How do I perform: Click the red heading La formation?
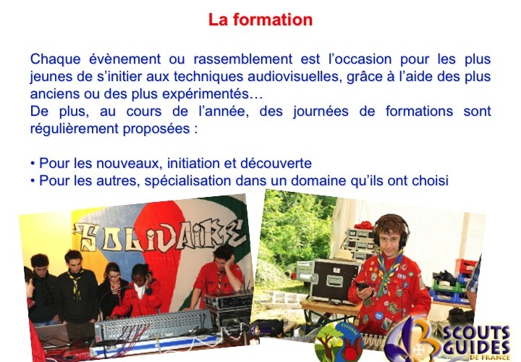[260, 20]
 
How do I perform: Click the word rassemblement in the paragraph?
[243, 59]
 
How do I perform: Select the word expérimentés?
[205, 94]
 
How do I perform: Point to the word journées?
[321, 111]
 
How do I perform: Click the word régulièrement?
[75, 129]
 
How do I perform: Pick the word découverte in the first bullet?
[276, 163]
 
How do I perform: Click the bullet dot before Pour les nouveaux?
[33, 164]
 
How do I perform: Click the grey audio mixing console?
[153, 325]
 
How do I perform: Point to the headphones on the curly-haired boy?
[391, 230]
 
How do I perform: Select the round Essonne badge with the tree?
[339, 342]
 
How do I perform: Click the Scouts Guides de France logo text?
[476, 342]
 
